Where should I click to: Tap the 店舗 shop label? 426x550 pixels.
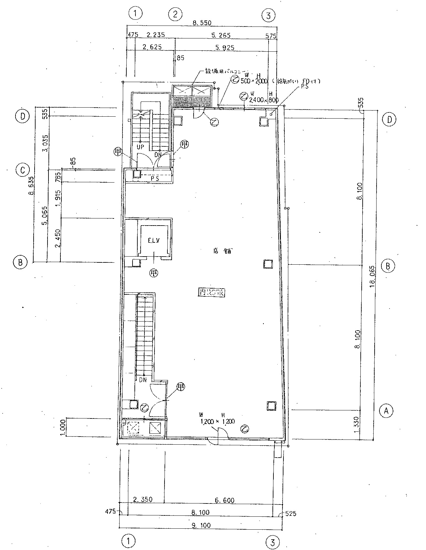[x=222, y=251]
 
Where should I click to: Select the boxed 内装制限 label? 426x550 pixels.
[x=211, y=293]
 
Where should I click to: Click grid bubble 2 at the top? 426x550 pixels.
[x=176, y=14]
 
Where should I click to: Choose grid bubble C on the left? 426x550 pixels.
[x=23, y=170]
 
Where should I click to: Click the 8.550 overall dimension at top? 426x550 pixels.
[x=202, y=23]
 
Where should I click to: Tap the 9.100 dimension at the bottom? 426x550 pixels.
[x=201, y=525]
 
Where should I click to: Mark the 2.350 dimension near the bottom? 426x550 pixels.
[x=143, y=500]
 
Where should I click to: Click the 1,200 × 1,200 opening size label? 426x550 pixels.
[x=217, y=421]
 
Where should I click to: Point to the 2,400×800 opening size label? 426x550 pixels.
[x=264, y=100]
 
